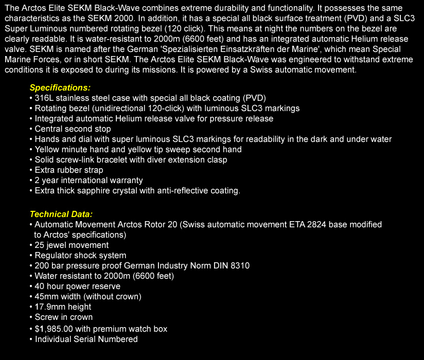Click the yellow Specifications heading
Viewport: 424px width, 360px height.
coord(60,88)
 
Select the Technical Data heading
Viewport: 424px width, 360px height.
coord(61,214)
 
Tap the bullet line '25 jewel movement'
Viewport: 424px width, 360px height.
coord(72,245)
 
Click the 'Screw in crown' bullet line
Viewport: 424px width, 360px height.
coord(64,317)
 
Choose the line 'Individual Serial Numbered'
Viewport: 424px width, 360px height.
coord(86,339)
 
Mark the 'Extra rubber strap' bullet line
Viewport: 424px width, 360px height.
coord(69,170)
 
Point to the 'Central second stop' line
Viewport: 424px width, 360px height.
coord(73,129)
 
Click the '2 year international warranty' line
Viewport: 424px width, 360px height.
coord(89,180)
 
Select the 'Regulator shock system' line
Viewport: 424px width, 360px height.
coord(80,255)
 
